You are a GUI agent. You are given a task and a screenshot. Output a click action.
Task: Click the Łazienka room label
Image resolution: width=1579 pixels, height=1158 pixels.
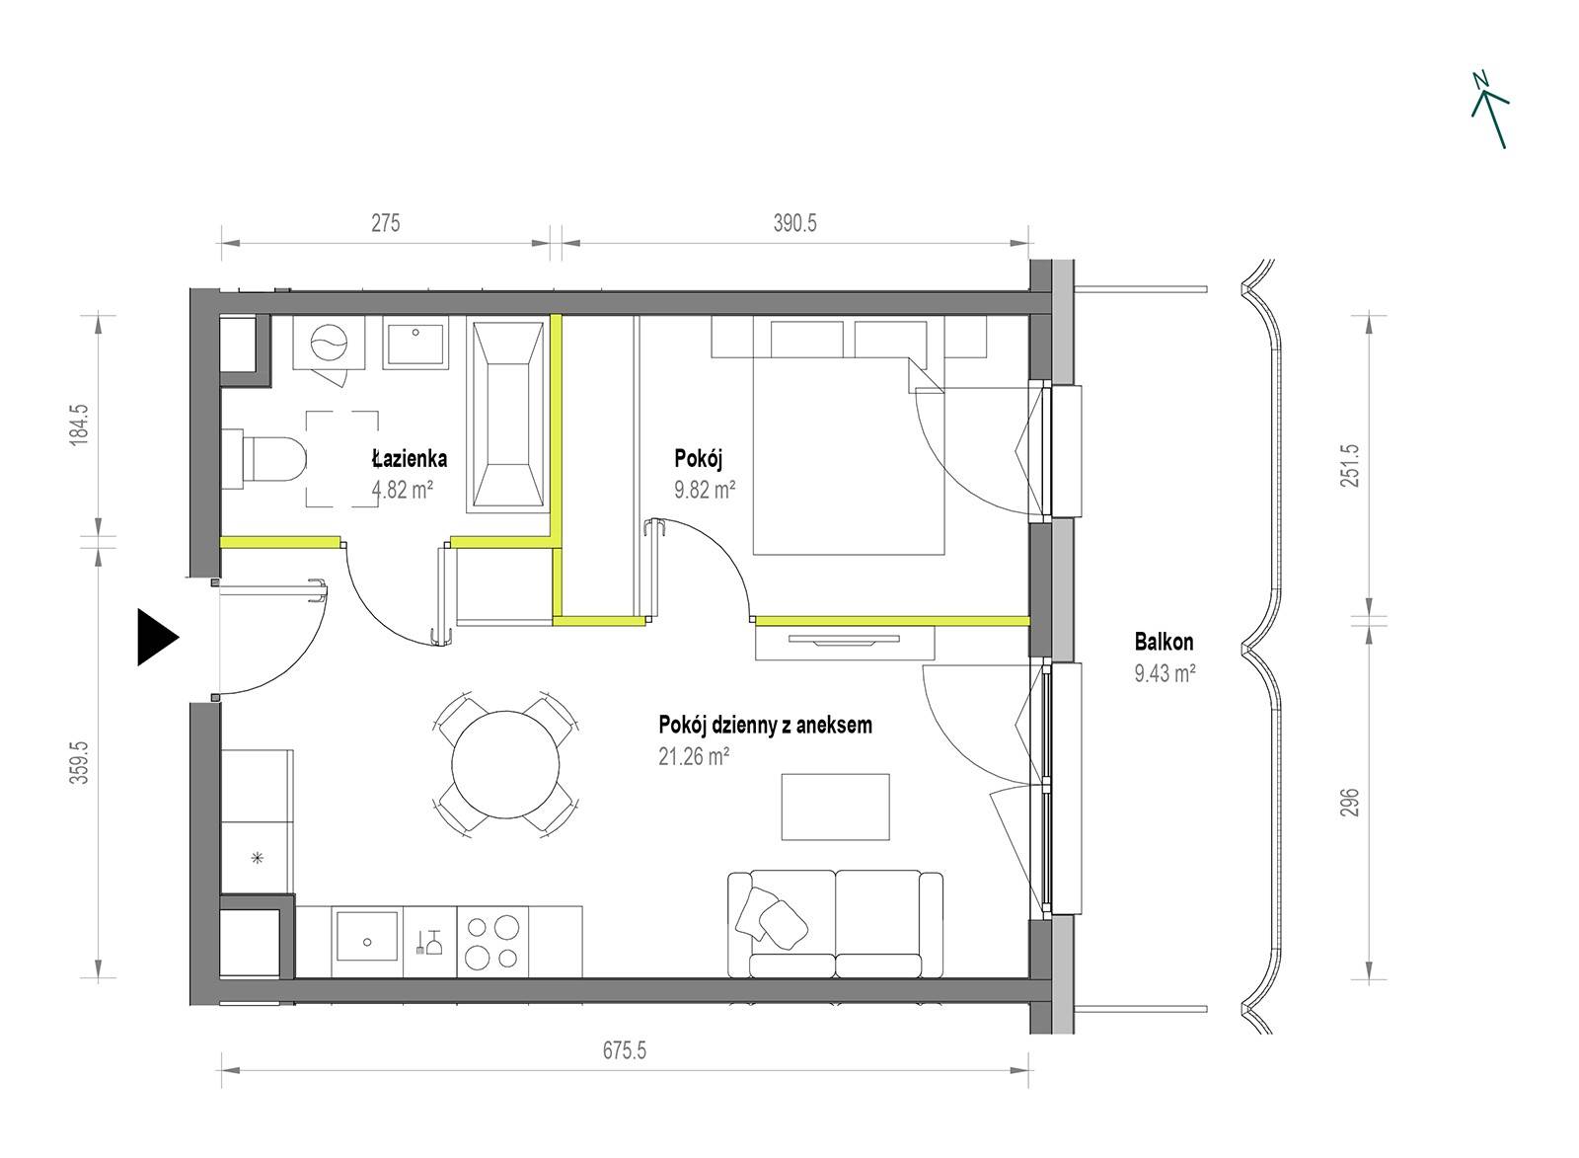tap(410, 458)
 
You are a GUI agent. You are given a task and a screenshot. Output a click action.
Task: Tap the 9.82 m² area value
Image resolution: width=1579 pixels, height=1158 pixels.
tap(705, 490)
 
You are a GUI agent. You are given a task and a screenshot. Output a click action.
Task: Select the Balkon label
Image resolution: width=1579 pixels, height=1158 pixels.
tap(1164, 642)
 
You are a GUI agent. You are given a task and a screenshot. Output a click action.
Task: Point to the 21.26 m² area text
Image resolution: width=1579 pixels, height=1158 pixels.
tap(694, 757)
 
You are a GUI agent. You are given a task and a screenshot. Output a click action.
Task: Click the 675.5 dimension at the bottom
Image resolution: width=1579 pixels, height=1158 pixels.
tap(625, 1050)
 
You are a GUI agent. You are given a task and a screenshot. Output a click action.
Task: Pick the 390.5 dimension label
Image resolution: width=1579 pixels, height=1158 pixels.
tap(795, 223)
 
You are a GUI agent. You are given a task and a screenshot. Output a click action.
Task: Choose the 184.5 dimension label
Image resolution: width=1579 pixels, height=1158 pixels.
tap(80, 424)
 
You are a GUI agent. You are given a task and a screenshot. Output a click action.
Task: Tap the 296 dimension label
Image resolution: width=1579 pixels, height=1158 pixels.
tap(1349, 802)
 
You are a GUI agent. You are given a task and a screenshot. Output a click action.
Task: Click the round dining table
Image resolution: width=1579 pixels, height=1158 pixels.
tap(505, 764)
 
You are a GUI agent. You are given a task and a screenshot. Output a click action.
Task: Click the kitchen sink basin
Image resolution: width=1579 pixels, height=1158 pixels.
tap(366, 936)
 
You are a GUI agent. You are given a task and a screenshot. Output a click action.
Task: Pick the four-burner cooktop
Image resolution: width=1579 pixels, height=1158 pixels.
tap(492, 942)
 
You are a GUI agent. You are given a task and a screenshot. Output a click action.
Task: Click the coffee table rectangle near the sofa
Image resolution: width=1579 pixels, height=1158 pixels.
tap(835, 807)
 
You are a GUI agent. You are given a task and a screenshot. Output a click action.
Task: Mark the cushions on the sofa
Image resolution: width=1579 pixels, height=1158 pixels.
tap(771, 917)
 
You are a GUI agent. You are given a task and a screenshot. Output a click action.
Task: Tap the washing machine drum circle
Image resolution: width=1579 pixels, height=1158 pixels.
tap(330, 342)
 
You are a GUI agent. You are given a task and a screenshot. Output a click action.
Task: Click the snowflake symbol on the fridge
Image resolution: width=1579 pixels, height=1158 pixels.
tap(258, 858)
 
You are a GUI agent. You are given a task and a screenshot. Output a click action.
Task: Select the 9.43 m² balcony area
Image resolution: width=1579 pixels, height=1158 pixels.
tap(1165, 673)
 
